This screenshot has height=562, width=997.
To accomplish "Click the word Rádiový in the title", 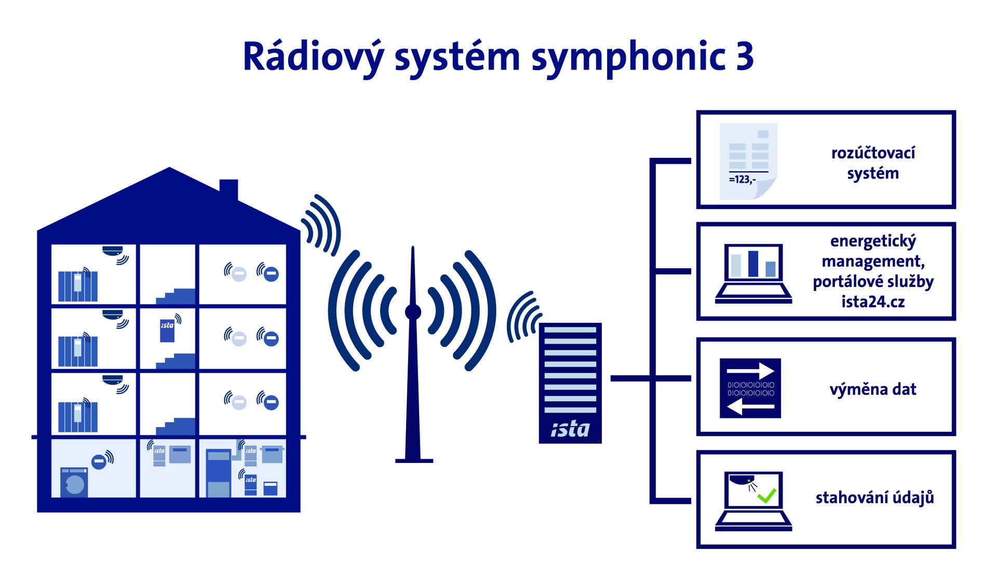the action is [x=314, y=56].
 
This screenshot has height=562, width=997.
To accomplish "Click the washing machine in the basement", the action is [x=74, y=483].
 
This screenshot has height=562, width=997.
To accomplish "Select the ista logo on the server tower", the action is [x=570, y=429].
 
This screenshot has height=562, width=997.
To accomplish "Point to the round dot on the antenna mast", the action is [x=413, y=312].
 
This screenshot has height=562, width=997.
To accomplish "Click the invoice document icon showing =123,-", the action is [x=748, y=161].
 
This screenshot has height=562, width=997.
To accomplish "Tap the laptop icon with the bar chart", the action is [x=753, y=273].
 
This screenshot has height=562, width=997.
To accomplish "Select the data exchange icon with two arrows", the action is [x=750, y=388].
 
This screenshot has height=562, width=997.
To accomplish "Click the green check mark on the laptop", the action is [x=766, y=496].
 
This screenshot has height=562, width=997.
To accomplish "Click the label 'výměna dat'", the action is [x=873, y=389].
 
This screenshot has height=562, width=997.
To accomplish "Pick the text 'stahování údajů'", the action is [x=874, y=497].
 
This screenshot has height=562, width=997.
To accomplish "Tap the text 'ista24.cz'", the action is [x=873, y=301].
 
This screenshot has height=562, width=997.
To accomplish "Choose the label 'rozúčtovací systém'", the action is [x=873, y=163].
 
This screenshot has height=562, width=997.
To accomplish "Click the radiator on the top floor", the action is [x=78, y=285].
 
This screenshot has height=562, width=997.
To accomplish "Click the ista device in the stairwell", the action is [x=167, y=330].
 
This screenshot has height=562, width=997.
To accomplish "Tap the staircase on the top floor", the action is [x=176, y=296].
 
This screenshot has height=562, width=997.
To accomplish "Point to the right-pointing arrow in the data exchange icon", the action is [x=751, y=371].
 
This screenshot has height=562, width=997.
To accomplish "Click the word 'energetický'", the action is [x=873, y=241].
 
